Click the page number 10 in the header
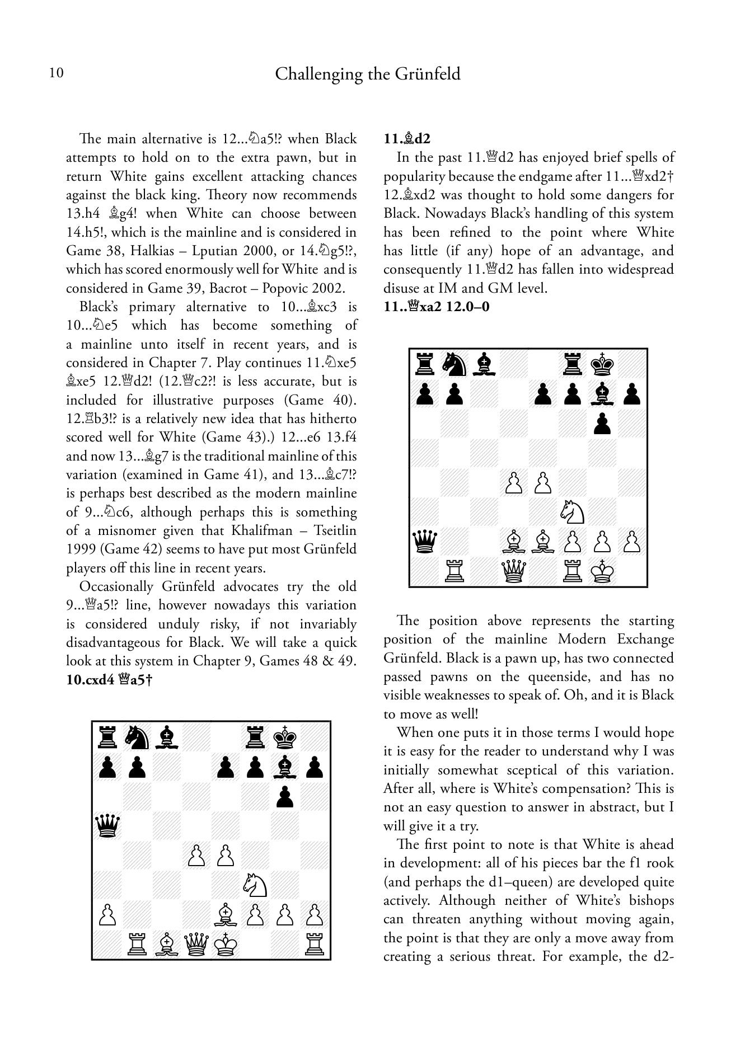pos(56,73)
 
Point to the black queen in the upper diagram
pos(425,542)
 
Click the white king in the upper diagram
pos(602,572)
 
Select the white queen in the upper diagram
pos(514,572)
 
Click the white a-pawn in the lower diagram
pos(107,915)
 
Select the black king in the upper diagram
pos(602,364)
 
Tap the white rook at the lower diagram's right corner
pos(315,945)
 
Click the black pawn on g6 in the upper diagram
pos(602,424)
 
